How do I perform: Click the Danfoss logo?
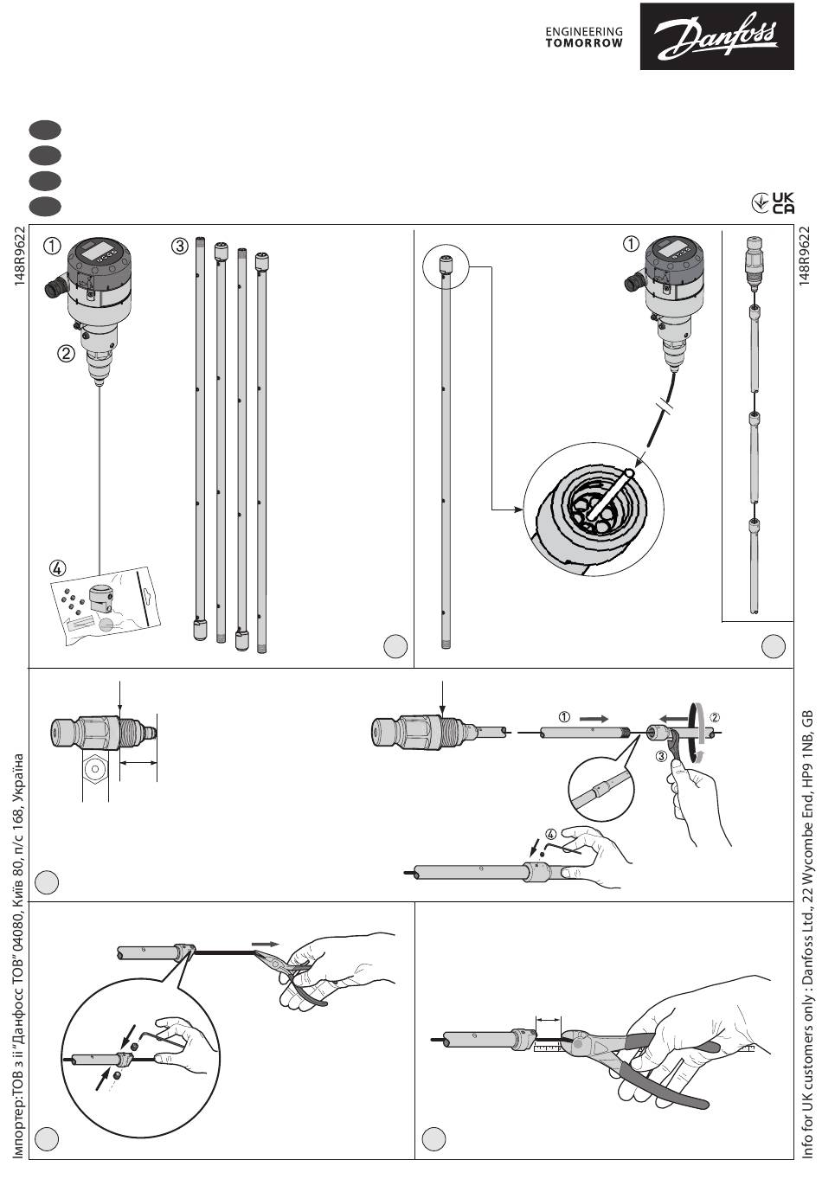coord(716,35)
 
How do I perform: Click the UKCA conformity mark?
coord(773,202)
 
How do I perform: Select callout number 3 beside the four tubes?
coord(179,246)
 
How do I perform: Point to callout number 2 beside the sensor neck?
coord(67,353)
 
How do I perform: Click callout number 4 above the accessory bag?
coord(57,568)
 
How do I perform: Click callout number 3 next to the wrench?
coord(660,755)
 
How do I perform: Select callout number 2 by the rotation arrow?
coord(715,716)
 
